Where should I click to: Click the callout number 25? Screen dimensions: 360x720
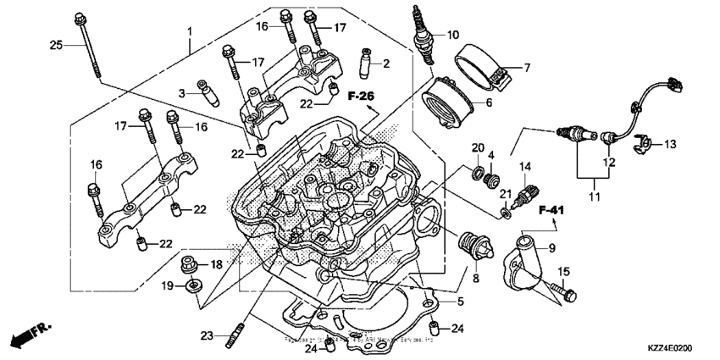click(56, 44)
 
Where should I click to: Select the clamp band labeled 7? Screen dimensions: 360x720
click(486, 68)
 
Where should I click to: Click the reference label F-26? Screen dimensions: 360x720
click(360, 96)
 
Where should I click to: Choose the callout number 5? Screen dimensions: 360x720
click(461, 301)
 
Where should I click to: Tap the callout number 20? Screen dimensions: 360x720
click(477, 148)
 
